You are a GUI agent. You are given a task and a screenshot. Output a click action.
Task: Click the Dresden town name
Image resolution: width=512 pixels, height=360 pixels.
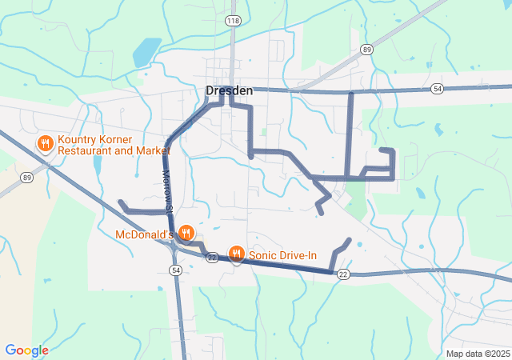(x=230, y=90)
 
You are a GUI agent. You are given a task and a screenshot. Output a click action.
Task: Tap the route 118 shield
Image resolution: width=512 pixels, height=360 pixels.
(x=233, y=19)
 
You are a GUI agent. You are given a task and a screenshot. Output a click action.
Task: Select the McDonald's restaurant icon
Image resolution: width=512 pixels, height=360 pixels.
(x=186, y=233)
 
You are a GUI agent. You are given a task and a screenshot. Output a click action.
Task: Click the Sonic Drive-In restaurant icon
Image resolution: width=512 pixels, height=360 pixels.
(x=237, y=254)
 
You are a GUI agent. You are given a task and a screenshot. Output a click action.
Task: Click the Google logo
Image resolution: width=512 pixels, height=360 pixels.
(x=26, y=350)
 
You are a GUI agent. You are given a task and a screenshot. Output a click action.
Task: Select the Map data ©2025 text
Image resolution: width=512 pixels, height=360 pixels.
(x=477, y=354)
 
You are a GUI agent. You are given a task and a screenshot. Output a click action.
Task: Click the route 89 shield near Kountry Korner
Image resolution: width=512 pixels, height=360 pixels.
(x=26, y=177)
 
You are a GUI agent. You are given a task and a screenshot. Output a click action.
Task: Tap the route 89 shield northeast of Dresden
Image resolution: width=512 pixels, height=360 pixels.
(x=366, y=50)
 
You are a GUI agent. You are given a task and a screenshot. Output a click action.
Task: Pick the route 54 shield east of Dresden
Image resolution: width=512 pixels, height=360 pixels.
(x=437, y=88)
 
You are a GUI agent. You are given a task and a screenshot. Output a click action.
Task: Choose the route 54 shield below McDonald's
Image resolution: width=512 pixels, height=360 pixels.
(x=175, y=271)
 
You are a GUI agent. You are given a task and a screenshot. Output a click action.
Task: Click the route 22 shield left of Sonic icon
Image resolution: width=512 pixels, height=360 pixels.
(x=212, y=257)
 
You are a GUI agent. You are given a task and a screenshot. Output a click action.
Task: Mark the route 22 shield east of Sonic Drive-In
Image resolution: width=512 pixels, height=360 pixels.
(x=343, y=274)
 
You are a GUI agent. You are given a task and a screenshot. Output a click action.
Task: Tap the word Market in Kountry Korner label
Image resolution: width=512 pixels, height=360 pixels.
(x=151, y=150)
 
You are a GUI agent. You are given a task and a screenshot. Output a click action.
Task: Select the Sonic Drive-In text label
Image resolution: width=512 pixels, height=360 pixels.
(x=283, y=255)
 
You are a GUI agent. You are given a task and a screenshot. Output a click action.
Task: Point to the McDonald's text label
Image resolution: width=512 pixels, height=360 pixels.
(x=145, y=234)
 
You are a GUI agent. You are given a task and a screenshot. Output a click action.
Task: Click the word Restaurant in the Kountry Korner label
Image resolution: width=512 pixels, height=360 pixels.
(x=87, y=150)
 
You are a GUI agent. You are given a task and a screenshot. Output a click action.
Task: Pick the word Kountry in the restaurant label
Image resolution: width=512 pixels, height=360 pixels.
(x=78, y=138)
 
